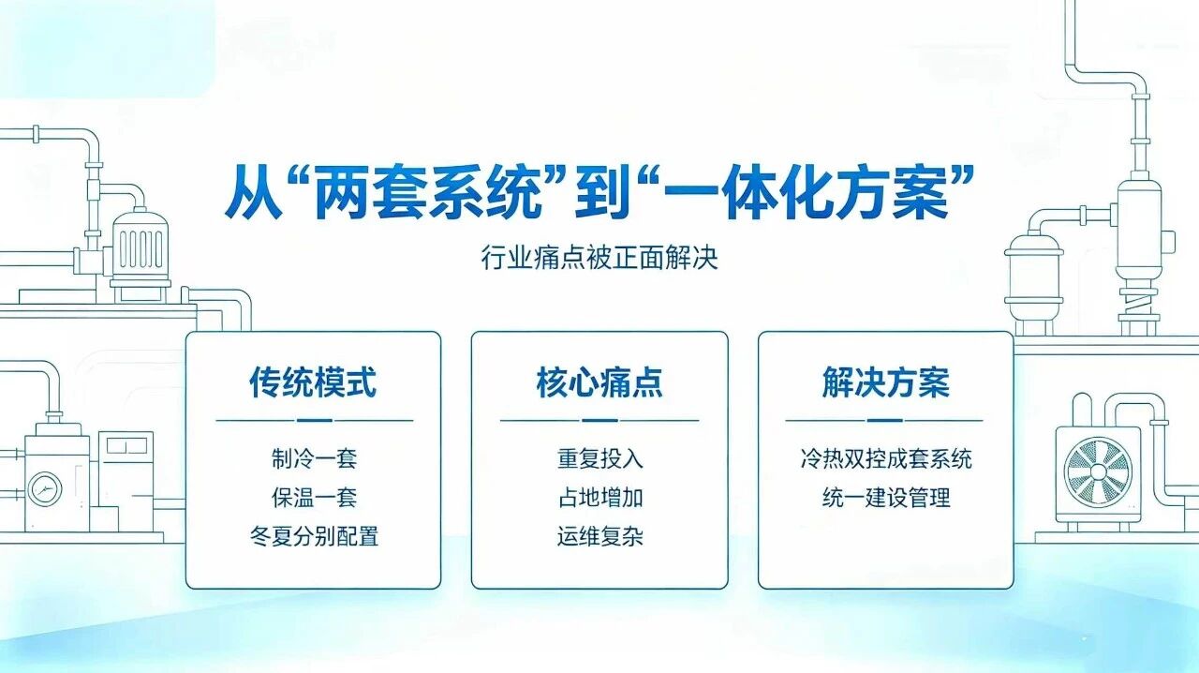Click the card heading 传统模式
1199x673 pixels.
tap(313, 382)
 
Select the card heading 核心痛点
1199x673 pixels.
tap(599, 382)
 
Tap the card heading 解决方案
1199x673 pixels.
tap(886, 382)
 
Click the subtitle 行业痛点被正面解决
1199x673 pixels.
tap(599, 258)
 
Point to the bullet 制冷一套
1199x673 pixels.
tap(314, 458)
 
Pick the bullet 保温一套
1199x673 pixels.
tap(314, 497)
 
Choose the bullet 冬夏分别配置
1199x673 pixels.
tap(314, 536)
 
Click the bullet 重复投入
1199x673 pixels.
tap(599, 458)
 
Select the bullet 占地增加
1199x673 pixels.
tap(599, 497)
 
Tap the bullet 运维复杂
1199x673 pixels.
tap(599, 536)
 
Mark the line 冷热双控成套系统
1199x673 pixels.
tap(886, 458)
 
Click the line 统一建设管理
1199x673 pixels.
tap(886, 497)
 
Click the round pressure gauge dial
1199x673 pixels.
tap(44, 489)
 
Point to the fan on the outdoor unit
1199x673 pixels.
tap(1098, 471)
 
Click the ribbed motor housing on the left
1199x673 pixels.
tap(141, 249)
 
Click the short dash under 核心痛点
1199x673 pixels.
tap(599, 421)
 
